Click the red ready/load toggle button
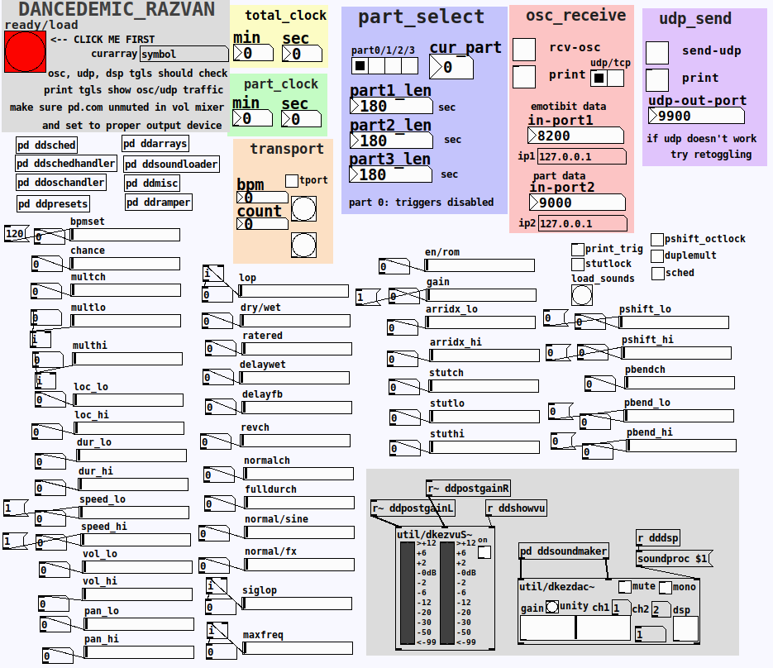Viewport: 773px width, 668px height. (26, 52)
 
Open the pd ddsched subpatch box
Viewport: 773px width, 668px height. (47, 145)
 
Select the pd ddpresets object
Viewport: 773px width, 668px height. (53, 203)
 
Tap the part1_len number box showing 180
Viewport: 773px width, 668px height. (390, 107)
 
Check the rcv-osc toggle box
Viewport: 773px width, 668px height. (524, 49)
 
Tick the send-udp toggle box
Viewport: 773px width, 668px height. (657, 52)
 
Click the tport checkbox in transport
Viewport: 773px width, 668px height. (291, 180)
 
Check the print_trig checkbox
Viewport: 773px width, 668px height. (577, 249)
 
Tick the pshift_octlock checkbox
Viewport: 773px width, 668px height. (657, 239)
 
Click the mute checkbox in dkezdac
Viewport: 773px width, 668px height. (625, 587)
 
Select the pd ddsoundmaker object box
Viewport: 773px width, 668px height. (564, 551)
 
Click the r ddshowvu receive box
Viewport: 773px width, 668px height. (516, 508)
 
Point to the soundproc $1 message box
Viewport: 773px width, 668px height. (672, 559)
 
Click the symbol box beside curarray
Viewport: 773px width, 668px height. (184, 55)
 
